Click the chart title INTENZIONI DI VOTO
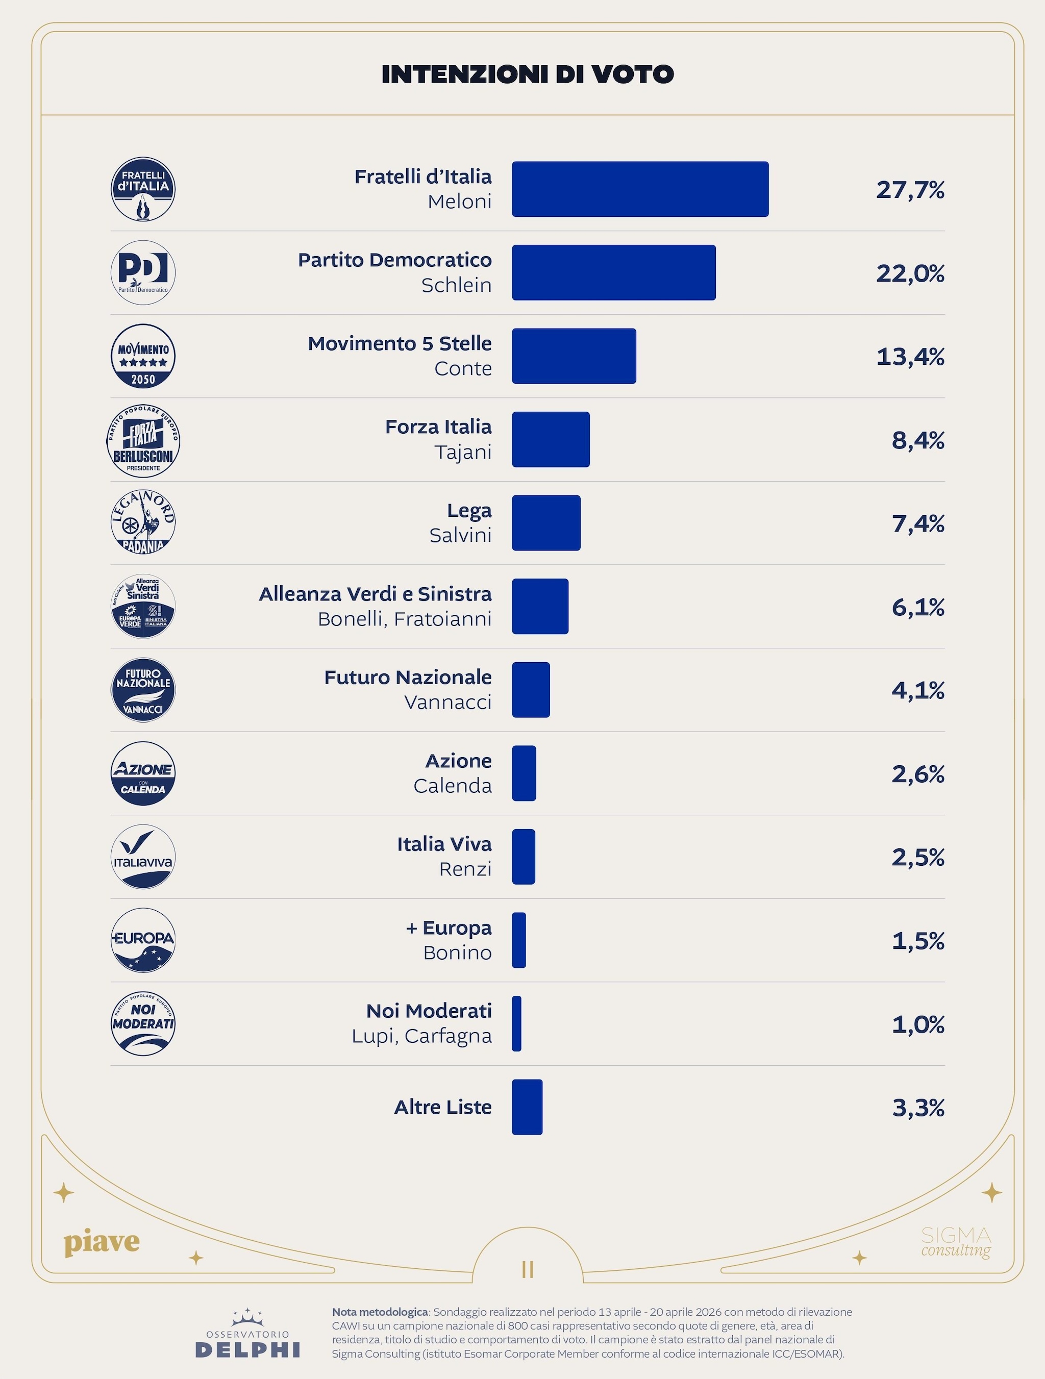[528, 74]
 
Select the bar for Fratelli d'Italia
[640, 189]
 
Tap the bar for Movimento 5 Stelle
[574, 356]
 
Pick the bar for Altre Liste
[527, 1107]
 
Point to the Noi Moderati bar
[517, 1023]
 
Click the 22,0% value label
[910, 273]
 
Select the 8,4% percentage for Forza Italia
[918, 440]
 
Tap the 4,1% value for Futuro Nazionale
[918, 690]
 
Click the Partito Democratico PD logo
[143, 272]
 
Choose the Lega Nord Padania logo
[143, 522]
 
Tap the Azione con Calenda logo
[143, 773]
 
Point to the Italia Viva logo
[143, 857]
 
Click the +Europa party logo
[143, 940]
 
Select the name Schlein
[456, 285]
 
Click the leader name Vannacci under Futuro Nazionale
[447, 702]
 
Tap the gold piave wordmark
[102, 1242]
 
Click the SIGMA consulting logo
[956, 1242]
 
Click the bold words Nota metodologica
[380, 1312]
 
